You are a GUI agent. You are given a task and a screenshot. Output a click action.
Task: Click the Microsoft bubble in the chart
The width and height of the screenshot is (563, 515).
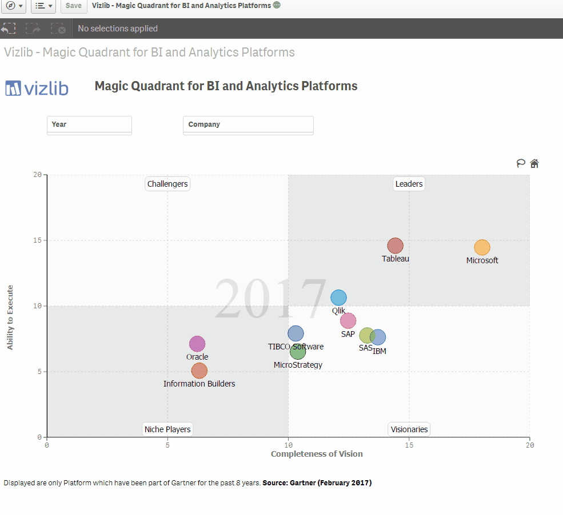tap(482, 247)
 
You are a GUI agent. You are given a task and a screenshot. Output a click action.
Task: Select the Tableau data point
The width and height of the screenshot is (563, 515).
tap(395, 246)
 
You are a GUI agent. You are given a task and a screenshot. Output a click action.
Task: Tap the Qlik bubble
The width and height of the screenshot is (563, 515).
tap(338, 297)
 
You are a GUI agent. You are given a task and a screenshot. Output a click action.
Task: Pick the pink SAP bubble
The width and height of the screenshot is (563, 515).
tap(348, 321)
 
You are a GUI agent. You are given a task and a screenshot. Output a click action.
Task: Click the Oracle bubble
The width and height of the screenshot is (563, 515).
tap(197, 344)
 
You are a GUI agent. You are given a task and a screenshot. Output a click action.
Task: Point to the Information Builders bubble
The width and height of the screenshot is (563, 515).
tap(199, 371)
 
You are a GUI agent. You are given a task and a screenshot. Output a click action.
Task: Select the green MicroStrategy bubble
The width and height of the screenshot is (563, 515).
tap(298, 352)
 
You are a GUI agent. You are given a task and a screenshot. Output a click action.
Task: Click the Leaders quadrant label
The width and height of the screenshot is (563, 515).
tap(409, 184)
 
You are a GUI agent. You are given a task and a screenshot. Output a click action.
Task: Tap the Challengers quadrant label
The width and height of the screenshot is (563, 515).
tap(167, 184)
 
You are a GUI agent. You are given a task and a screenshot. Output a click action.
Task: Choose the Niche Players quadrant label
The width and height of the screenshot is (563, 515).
tap(167, 429)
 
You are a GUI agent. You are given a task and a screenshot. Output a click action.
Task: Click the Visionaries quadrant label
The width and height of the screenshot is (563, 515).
tap(409, 429)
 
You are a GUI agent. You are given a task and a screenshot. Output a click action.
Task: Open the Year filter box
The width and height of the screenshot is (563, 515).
tap(89, 125)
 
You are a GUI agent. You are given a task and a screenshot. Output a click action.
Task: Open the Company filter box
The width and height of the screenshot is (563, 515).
tap(248, 125)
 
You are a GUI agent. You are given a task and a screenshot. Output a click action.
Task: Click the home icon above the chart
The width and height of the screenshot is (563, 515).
tap(534, 163)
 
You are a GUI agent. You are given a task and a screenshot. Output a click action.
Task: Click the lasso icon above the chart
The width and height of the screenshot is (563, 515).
tap(521, 163)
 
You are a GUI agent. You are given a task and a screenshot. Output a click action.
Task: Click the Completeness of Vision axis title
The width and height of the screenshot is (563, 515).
tap(317, 454)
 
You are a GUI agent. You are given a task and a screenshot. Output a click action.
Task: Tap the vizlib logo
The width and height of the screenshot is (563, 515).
tap(37, 88)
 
